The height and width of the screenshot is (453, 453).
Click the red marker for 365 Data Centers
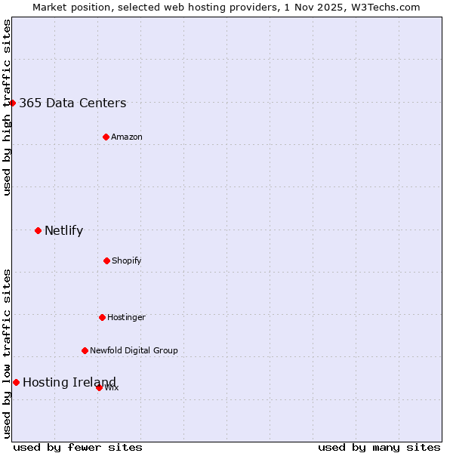point(13,103)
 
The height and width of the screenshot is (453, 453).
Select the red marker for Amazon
point(106,137)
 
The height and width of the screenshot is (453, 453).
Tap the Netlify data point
point(38,230)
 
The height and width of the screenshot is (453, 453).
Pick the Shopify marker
point(106,260)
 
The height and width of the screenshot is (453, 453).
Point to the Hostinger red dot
point(102,317)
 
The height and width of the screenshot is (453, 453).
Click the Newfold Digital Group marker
point(85,350)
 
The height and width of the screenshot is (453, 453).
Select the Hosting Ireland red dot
point(16,382)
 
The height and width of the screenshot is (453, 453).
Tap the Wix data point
point(99,387)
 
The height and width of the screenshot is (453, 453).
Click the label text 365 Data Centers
point(72,103)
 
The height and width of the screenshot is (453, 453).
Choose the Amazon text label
point(127,137)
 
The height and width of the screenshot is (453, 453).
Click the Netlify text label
point(63,231)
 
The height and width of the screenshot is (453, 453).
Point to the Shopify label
point(127,261)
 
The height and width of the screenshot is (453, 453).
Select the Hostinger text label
point(126,318)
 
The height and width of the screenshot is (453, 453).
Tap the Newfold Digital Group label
point(134,351)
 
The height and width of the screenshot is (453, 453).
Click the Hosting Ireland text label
point(69,383)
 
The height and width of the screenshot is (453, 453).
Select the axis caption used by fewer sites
point(78,447)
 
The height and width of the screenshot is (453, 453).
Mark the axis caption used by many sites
point(379,447)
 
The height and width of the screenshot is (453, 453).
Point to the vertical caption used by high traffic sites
point(7,107)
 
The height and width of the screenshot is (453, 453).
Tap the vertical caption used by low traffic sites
point(7,353)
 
